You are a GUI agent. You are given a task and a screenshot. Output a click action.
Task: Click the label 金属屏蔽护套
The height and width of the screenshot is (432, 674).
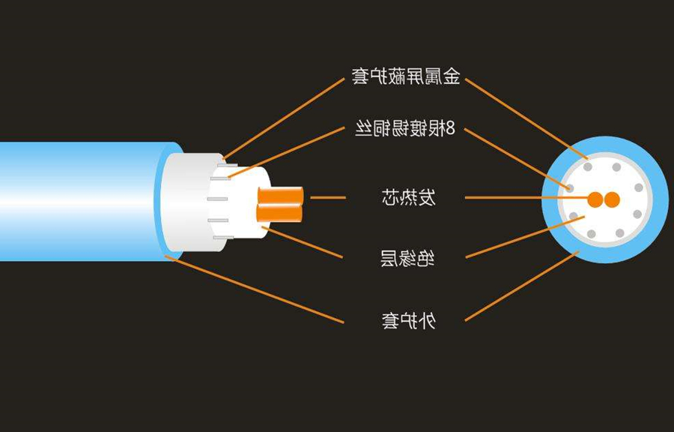tap(406, 76)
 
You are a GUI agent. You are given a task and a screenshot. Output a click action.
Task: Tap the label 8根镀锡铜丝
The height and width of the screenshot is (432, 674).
tap(404, 128)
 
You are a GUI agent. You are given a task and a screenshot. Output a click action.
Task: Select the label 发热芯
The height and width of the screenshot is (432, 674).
tap(408, 197)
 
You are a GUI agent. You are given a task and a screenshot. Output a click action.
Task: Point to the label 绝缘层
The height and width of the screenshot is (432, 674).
tap(407, 258)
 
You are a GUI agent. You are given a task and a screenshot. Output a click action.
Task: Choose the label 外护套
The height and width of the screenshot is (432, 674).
tap(409, 320)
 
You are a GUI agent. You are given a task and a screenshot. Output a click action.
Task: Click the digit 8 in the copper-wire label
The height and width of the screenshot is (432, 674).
tap(450, 128)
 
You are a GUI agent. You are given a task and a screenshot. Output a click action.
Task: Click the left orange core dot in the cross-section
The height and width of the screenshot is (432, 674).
tap(595, 199)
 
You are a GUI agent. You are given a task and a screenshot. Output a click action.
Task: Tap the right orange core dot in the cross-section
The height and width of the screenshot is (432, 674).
tap(612, 199)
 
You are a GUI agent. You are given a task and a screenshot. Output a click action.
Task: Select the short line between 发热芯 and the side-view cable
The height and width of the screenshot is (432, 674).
tap(328, 197)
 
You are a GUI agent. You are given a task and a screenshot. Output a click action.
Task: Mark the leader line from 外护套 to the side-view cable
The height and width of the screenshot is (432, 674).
tap(255, 289)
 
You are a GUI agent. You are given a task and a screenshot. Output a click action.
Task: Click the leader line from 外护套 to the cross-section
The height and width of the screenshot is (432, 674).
tap(522, 286)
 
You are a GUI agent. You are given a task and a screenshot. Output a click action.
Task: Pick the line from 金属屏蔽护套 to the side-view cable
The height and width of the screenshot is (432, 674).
tap(284, 118)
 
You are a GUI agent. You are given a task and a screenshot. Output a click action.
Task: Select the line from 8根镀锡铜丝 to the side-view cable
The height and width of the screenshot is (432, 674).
tap(287, 152)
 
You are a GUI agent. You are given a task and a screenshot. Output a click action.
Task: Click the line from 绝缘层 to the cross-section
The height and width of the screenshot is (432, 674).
tap(525, 237)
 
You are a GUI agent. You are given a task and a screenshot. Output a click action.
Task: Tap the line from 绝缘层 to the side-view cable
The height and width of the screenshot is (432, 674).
tap(303, 242)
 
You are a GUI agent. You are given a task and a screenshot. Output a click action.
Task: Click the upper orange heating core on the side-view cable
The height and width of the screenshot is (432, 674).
tap(280, 195)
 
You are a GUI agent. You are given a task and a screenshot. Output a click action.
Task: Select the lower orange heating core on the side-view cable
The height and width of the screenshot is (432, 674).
tap(279, 213)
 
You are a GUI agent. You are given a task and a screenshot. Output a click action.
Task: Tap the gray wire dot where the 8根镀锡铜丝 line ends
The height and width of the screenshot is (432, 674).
tap(570, 188)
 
